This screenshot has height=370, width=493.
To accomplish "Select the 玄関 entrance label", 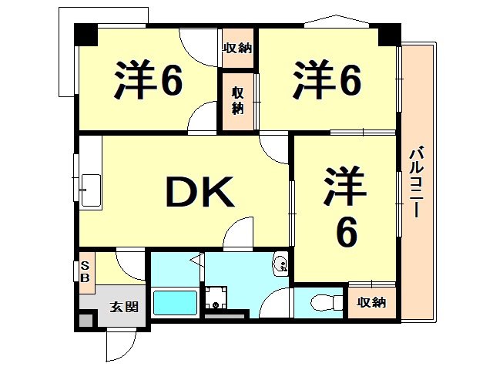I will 123,307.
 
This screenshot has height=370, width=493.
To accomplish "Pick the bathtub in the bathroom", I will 176,301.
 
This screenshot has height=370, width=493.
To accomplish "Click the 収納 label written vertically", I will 239,98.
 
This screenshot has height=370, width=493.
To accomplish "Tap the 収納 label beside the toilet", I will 372,303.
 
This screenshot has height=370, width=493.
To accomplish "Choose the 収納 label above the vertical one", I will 237,49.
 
